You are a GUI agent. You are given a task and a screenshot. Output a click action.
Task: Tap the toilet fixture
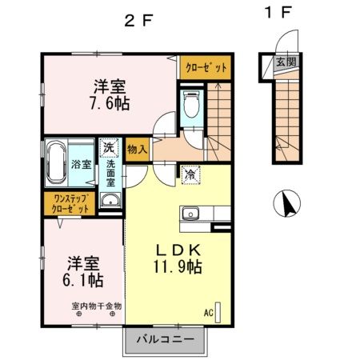pyautogui.click(x=191, y=105)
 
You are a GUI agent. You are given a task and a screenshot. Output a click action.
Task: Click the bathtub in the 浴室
pyautogui.click(x=55, y=163)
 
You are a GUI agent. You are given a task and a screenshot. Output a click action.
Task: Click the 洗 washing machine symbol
pyautogui.click(x=107, y=148)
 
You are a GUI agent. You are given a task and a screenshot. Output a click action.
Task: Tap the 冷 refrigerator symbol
pyautogui.click(x=191, y=173)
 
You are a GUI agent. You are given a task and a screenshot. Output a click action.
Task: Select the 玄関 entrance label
pyautogui.click(x=286, y=61)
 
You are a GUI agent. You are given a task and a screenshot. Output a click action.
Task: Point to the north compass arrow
pyautogui.click(x=283, y=205)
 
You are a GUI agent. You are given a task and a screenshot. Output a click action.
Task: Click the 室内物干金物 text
pyautogui.click(x=96, y=306)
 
